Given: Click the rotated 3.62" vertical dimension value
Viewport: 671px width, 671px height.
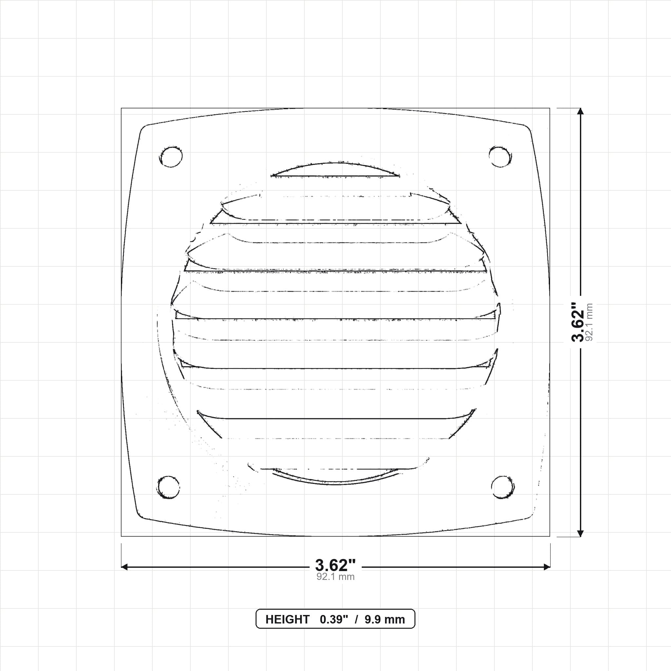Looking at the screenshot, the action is (x=578, y=322).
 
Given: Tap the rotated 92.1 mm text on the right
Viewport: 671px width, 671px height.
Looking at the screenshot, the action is (x=589, y=322).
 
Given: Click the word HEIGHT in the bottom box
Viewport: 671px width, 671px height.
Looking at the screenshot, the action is (x=287, y=620).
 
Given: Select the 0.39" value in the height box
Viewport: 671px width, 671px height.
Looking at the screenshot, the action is (x=334, y=620).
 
